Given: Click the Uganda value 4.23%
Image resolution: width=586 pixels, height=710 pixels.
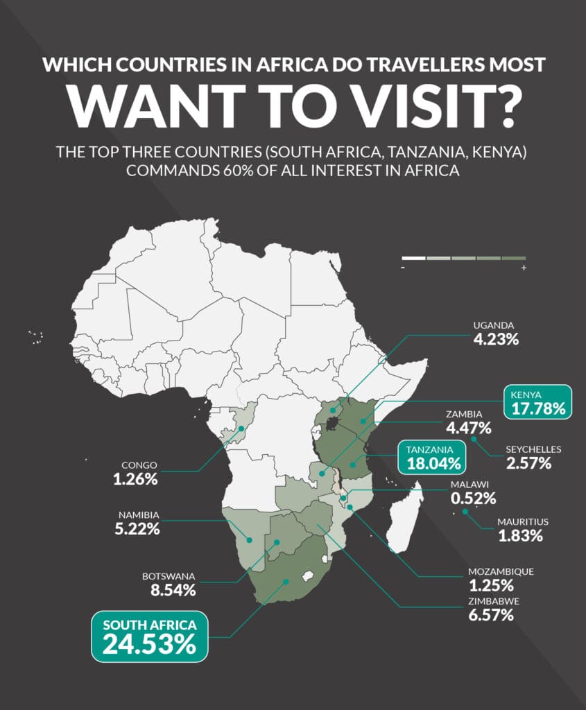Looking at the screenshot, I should click(495, 340).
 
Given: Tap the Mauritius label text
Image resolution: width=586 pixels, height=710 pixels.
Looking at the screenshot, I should click(522, 521).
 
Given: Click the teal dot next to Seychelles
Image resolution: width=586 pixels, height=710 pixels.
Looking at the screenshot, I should click(474, 438).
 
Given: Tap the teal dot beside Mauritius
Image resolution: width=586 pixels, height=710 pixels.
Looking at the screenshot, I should click(465, 512).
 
